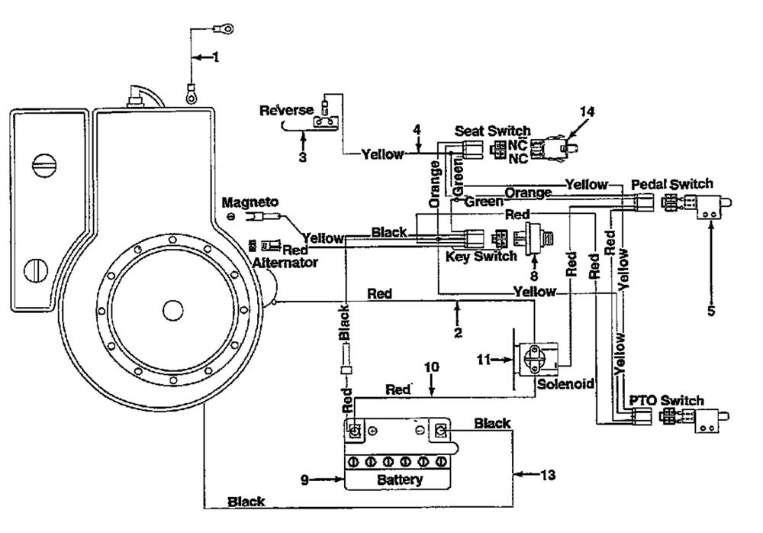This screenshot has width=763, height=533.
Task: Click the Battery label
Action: tap(400, 480)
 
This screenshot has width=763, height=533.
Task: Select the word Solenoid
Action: tap(565, 384)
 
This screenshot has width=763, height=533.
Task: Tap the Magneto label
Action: tap(250, 202)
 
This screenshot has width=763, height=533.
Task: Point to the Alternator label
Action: tap(285, 263)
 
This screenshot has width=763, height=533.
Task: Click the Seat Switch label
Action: tap(492, 131)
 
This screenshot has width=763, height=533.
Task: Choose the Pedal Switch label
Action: tap(672, 184)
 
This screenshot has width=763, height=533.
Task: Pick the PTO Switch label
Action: tap(667, 400)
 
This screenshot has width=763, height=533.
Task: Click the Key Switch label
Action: tap(481, 257)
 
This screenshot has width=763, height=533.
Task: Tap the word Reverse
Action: tap(286, 110)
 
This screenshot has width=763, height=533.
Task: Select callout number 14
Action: tap(587, 111)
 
